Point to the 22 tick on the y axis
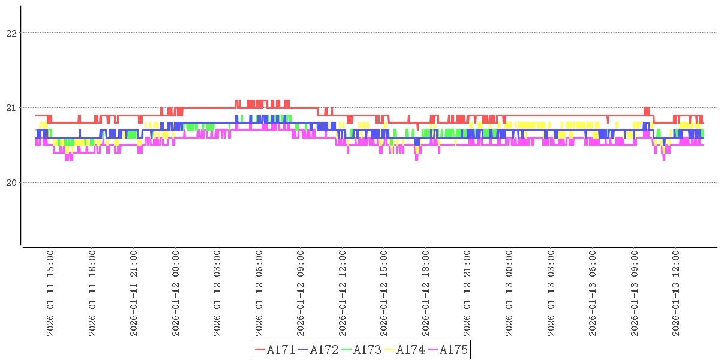coord(11,33)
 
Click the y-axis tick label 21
coord(11,108)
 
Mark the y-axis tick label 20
coord(11,182)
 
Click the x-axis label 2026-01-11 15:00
coord(50,293)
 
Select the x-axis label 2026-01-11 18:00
coord(92,293)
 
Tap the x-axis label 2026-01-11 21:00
coord(134,293)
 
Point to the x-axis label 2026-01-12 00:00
coord(176,293)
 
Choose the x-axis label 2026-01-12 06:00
coord(259,293)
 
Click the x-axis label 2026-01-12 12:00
coord(343,293)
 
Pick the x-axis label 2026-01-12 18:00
coord(426,293)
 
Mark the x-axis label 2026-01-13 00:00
coord(509,293)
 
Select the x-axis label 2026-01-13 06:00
coord(593,293)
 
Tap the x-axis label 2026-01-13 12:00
coord(676,293)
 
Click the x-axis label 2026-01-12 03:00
coord(217,293)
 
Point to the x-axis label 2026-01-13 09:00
coord(635,293)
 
